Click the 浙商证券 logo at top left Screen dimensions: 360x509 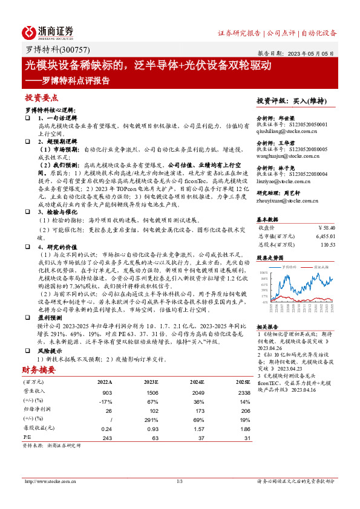48,32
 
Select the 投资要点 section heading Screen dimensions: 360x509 41,97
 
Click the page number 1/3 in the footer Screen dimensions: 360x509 180,481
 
